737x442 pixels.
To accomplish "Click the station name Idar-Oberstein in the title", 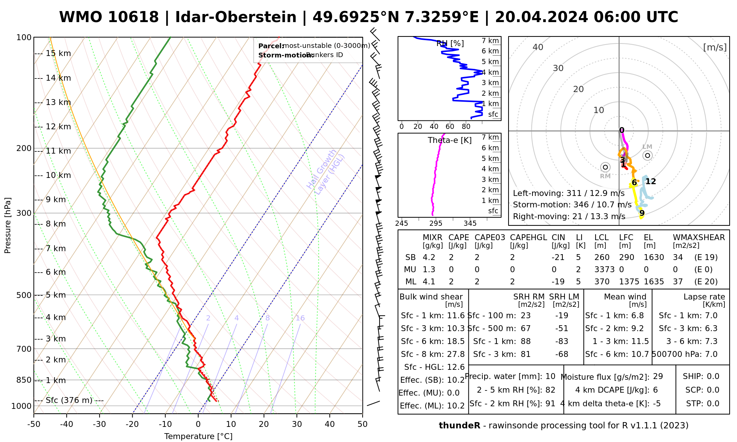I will [x=235, y=17].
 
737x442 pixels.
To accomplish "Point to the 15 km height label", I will [x=58, y=53].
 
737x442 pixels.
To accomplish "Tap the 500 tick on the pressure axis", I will [x=25, y=295].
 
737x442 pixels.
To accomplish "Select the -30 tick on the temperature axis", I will [x=99, y=424].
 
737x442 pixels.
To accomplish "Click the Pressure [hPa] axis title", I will [x=8, y=225].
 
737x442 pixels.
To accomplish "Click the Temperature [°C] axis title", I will [x=198, y=436].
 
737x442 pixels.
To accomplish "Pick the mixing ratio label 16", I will [x=300, y=318].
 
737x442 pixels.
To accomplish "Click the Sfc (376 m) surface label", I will [x=69, y=400].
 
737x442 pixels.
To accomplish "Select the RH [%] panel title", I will [x=450, y=43].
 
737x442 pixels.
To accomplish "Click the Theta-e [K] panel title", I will [x=450, y=140].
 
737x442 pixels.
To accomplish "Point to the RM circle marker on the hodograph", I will [x=605, y=167].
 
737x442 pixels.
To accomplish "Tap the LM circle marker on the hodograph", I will [x=647, y=155].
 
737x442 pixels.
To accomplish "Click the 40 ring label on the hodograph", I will [x=538, y=47].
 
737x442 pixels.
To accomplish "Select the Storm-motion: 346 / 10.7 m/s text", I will [x=572, y=205].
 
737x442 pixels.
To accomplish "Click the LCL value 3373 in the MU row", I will [x=604, y=270].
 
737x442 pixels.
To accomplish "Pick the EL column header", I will [x=648, y=238].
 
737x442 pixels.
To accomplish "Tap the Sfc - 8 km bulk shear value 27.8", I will [x=456, y=354].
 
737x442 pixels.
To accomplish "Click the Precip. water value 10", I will [x=550, y=376].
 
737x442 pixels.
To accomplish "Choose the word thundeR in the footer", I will [x=460, y=426].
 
